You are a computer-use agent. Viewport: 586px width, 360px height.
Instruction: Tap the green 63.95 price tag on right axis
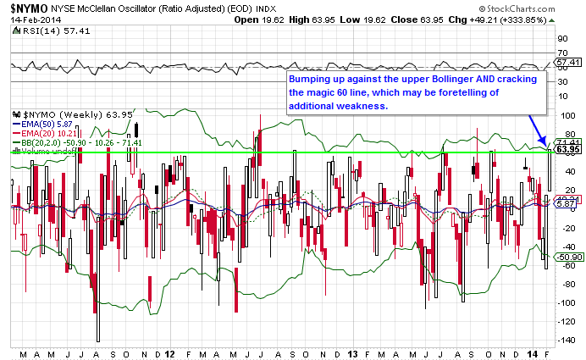[x=567, y=149]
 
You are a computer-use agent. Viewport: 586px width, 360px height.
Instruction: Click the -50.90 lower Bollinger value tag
[x=567, y=257]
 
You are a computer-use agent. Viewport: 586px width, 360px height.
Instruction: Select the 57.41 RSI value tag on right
[x=567, y=63]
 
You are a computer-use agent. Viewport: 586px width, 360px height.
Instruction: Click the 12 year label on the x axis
[x=169, y=352]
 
